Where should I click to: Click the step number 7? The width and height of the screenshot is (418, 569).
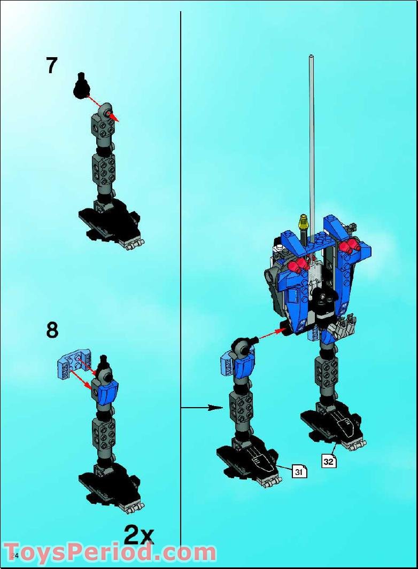click(x=51, y=65)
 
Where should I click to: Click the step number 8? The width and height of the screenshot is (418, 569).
click(x=52, y=330)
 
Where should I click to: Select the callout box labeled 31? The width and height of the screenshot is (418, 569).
click(x=299, y=471)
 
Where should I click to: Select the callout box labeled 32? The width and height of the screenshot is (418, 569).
click(x=329, y=461)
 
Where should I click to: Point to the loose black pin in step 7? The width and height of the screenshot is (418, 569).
click(x=81, y=85)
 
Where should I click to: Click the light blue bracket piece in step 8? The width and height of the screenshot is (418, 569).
click(x=73, y=364)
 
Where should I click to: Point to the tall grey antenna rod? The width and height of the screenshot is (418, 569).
click(x=311, y=134)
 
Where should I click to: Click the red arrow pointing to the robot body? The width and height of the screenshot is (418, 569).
click(x=269, y=334)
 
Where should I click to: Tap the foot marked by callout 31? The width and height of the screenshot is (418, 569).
click(x=248, y=459)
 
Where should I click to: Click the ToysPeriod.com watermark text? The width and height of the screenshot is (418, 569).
click(x=110, y=551)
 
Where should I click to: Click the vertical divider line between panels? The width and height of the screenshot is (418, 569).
click(x=181, y=214)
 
